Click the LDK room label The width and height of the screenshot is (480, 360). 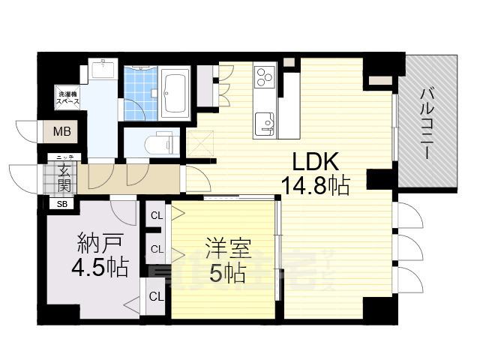pos(316,162)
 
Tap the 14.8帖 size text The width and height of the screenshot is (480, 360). pos(316,185)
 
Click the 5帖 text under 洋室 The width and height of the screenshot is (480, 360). pos(227,274)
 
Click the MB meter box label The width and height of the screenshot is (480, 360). pos(61,132)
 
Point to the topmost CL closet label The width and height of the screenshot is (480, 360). pos(156,216)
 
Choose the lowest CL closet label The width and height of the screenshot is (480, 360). pos(156,296)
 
